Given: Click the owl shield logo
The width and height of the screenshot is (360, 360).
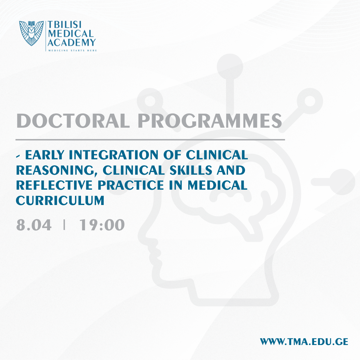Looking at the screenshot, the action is pos(31,33).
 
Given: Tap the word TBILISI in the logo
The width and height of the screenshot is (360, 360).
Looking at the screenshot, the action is pos(65,25).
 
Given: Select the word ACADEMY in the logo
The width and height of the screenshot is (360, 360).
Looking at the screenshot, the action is pos(72,42).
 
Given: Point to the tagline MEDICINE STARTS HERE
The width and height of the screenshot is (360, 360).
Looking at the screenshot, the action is pos(72,51).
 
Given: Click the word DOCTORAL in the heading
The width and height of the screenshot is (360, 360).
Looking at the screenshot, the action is pos(73,121).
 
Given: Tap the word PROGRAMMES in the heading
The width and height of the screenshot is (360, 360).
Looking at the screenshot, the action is pos(210,121).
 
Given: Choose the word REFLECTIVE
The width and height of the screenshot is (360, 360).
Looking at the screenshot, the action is pos(54,185).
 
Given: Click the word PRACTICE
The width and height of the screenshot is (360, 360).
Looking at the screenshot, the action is pos(131,185).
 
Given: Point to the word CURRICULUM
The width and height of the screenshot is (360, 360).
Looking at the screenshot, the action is pos(60,200).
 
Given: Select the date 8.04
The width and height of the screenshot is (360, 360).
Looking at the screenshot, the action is pos(34,225).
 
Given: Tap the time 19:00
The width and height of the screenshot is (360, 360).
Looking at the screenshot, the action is pos(102,225).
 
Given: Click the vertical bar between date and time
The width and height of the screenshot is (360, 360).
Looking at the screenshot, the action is pos(64,225).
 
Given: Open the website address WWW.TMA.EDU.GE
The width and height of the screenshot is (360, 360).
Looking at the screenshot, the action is pos(304,342).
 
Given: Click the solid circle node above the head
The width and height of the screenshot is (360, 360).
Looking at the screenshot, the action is pos(230,67).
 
